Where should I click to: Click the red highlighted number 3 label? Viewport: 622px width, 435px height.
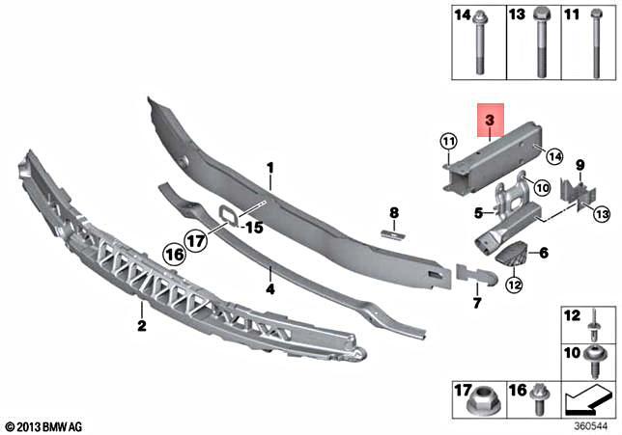(x=490, y=121)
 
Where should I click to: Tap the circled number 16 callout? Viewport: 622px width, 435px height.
(x=174, y=255)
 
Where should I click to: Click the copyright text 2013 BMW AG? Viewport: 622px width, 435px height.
(x=44, y=425)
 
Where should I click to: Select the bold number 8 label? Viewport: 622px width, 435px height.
(x=394, y=211)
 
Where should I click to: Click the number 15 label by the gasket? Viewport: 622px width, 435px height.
(x=254, y=228)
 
